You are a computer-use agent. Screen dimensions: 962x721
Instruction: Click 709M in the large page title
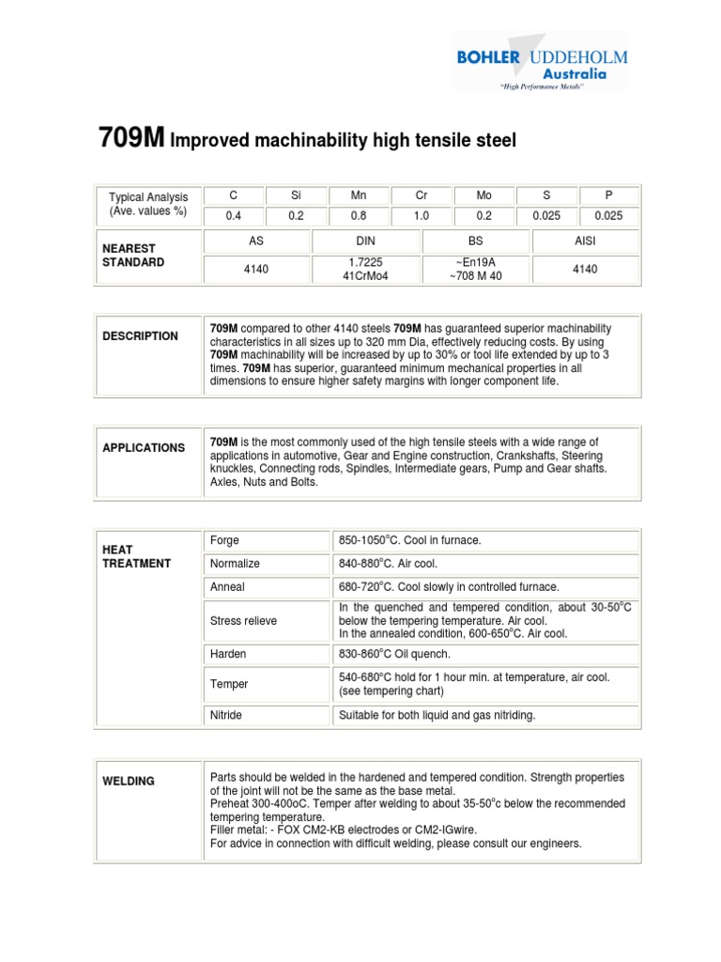[x=131, y=139]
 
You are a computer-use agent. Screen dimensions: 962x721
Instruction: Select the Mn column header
[x=359, y=196]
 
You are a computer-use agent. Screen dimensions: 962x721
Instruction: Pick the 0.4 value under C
[x=234, y=215]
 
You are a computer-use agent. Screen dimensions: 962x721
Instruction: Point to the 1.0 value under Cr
[x=422, y=215]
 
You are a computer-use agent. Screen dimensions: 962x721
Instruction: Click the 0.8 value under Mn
[x=359, y=215]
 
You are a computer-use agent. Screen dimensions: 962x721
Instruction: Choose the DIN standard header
[x=365, y=241]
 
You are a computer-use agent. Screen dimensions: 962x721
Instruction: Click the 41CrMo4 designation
[x=365, y=275]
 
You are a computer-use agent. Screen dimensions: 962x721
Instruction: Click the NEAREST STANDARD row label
[x=133, y=256]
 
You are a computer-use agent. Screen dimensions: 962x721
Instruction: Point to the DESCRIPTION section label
[x=140, y=336]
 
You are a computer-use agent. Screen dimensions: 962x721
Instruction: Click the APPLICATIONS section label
[x=144, y=448]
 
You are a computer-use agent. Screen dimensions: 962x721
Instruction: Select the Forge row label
[x=225, y=540]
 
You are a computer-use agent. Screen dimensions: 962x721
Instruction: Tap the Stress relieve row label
[x=243, y=621]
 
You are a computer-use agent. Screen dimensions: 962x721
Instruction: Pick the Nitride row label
[x=226, y=715]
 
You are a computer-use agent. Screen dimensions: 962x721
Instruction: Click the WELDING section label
[x=130, y=782]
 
